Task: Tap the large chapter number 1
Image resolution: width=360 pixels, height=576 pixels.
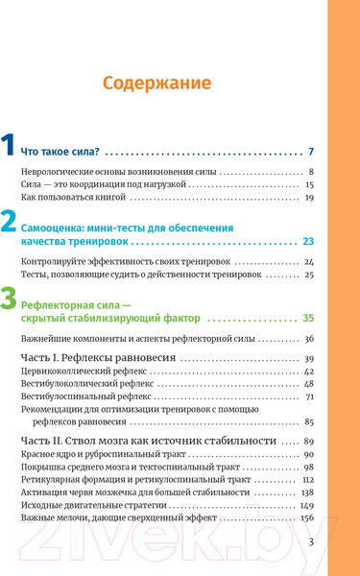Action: coord(9,149)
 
